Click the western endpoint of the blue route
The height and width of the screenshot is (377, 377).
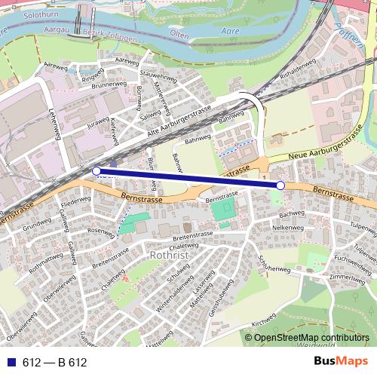pos(96,171)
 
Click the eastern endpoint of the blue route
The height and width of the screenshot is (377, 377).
pos(280,185)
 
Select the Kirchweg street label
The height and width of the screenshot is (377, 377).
pos(265,320)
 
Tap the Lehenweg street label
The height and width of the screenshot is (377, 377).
pos(54,122)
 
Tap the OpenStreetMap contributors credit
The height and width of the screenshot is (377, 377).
pos(312,339)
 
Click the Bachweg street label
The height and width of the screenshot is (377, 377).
pos(291,214)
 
